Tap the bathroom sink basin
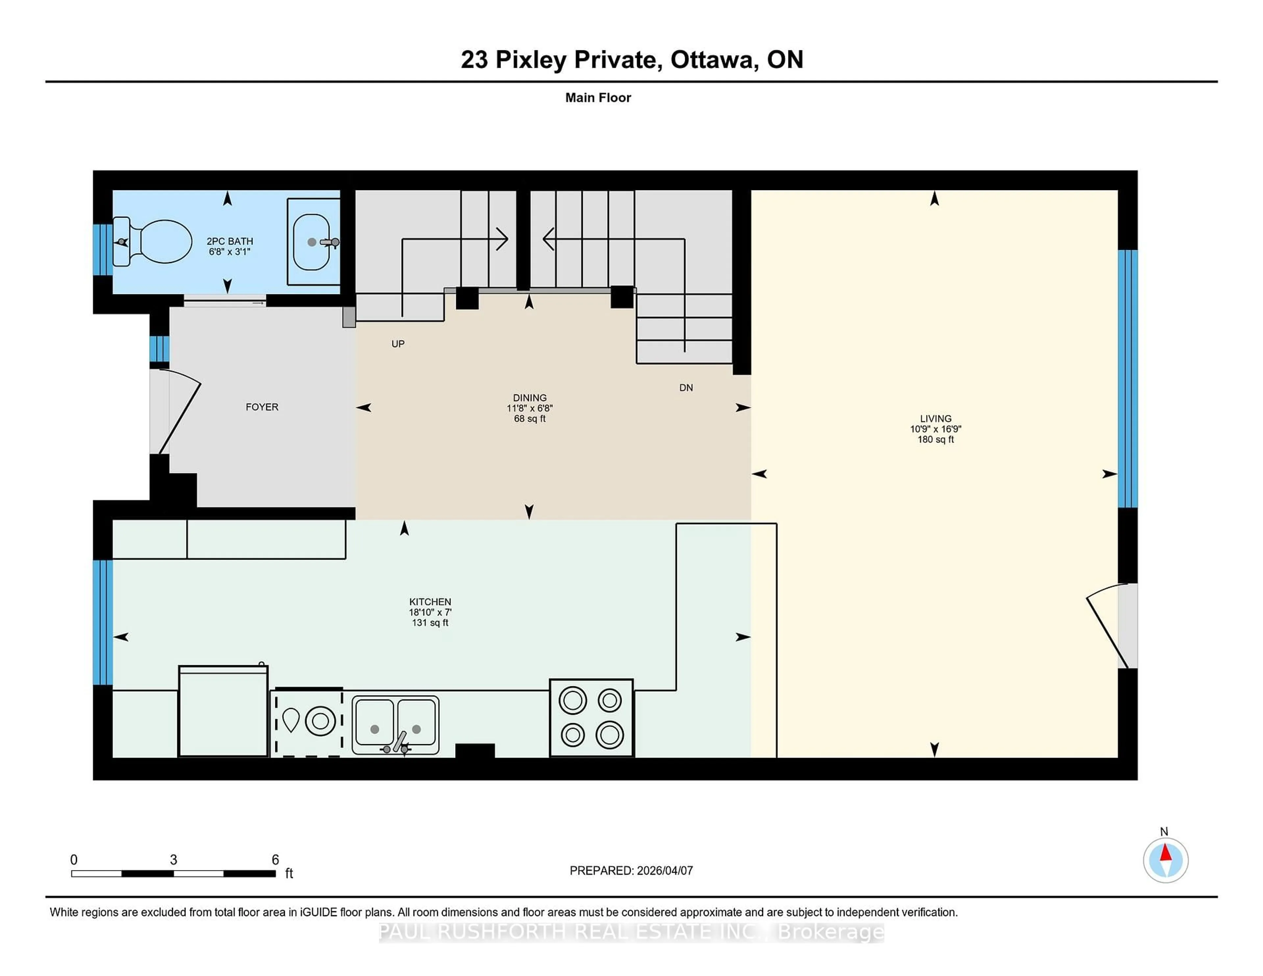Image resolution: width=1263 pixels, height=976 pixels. [311, 242]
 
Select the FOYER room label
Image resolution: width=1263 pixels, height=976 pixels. [262, 407]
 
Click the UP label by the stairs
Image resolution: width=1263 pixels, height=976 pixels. [398, 344]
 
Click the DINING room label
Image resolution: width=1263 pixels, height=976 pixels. [529, 398]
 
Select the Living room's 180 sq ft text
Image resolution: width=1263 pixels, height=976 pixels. [935, 439]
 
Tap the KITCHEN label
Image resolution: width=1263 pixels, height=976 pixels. [430, 602]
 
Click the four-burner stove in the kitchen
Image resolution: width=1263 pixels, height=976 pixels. [591, 718]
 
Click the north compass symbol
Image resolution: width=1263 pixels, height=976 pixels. [1165, 860]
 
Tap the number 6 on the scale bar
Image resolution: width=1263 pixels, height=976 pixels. [275, 860]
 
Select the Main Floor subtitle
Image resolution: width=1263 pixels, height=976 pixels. [598, 98]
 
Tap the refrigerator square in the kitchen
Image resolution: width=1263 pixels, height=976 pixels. [223, 712]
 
